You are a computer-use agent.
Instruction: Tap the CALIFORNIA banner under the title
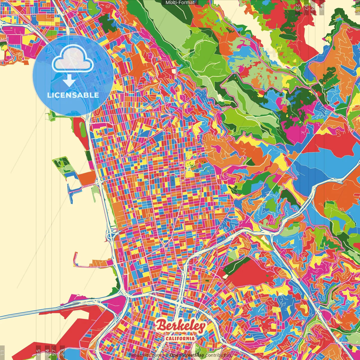click(180, 338)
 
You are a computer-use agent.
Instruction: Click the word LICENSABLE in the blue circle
click(73, 95)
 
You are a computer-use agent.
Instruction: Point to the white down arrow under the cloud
click(69, 81)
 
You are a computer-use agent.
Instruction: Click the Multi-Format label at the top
click(180, 3)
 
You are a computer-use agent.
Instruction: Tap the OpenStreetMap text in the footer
click(187, 355)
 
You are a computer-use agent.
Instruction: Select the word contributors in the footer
click(219, 355)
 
